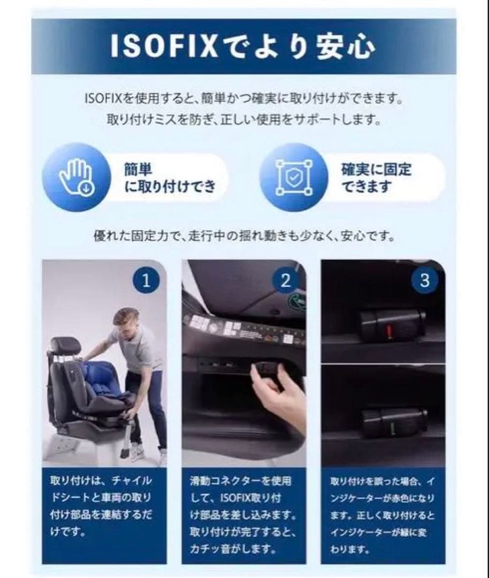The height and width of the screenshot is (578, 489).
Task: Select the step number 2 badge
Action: coord(285,280)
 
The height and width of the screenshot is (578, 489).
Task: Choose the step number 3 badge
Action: coord(424,280)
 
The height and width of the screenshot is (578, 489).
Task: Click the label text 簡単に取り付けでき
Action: coord(170,178)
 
